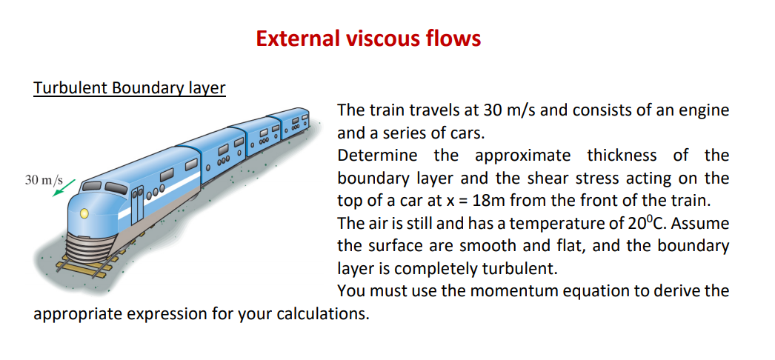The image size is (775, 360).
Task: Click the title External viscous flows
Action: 368,38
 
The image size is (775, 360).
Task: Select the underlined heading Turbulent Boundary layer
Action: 130,88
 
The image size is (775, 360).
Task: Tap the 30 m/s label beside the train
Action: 44,180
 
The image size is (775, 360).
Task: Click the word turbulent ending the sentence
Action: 518,268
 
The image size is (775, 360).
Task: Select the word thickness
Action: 621,156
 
